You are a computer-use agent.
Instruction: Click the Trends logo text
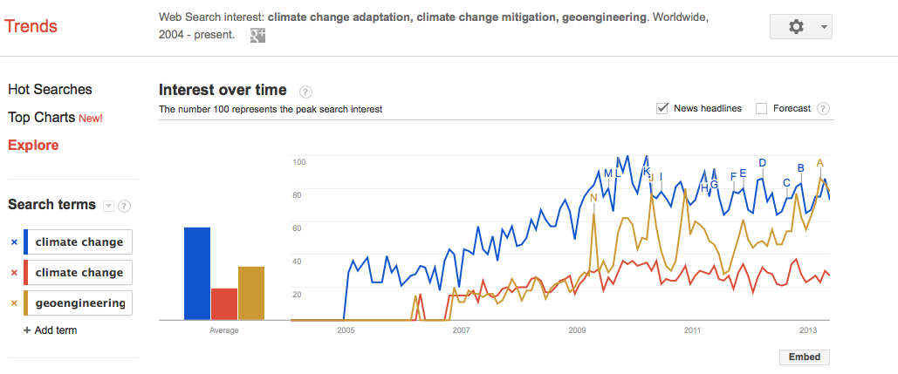31,26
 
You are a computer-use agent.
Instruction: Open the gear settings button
800,27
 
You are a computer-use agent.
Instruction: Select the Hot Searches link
50,89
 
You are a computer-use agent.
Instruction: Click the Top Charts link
42,117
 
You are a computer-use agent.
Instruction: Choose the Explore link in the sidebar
33,145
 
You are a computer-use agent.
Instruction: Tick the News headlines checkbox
662,108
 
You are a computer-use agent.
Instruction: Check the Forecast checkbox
761,108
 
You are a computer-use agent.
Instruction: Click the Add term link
50,330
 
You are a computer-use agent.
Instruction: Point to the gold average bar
250,293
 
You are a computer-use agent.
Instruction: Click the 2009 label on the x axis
577,330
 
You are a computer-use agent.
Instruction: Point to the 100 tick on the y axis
298,162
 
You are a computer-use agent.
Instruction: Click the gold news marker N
593,198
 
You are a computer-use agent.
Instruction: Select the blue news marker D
762,162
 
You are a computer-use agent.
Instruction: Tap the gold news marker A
819,162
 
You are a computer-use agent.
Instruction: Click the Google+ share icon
257,35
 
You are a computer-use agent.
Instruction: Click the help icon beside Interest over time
305,91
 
